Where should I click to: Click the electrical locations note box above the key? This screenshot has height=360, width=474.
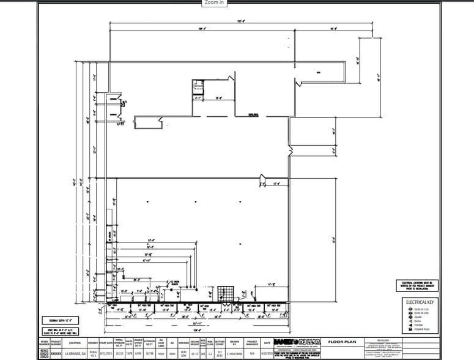pyautogui.click(x=418, y=285)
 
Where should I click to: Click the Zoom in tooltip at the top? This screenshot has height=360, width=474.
pyautogui.click(x=214, y=2)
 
